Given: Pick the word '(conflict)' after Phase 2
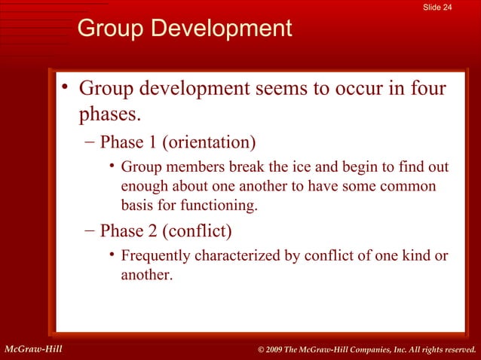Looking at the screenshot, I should [x=198, y=230].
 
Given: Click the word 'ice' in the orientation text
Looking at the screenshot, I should [x=264, y=166].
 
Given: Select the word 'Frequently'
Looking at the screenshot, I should [x=156, y=256].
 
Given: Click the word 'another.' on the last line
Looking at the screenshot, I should [x=146, y=275].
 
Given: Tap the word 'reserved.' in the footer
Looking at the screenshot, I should [x=455, y=349].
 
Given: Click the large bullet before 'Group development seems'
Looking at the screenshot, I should [x=66, y=86].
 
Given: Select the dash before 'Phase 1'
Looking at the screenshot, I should [x=89, y=142].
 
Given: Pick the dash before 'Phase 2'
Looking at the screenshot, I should [x=89, y=230].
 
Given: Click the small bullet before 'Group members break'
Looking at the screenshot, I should [x=111, y=165].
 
